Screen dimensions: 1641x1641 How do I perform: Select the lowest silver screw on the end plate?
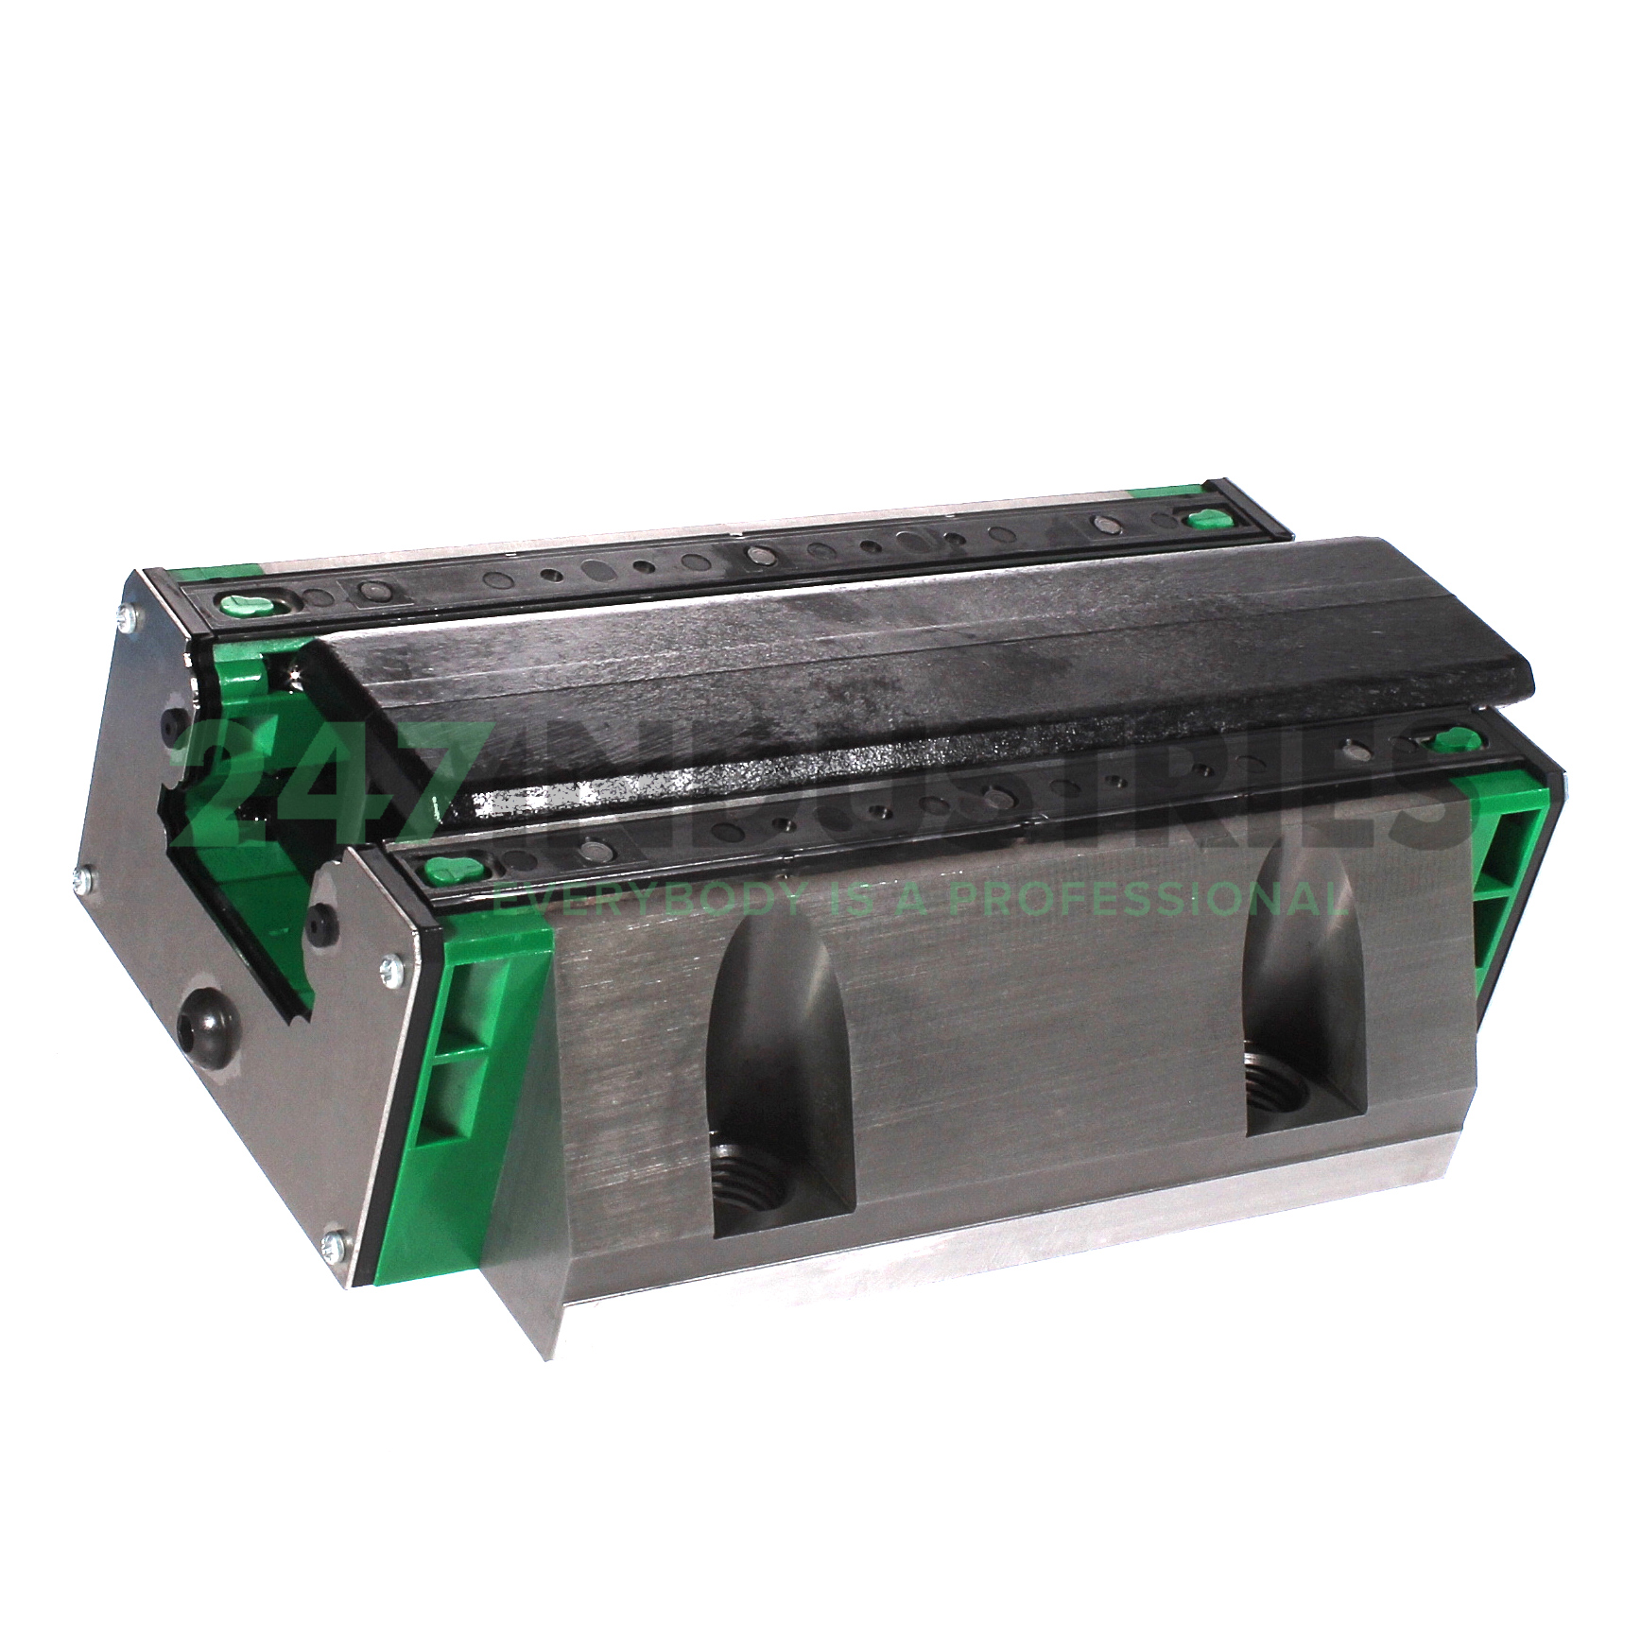pyautogui.click(x=333, y=1246)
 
